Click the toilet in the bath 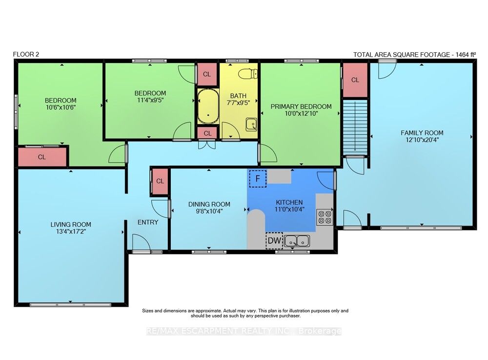(x=248, y=74)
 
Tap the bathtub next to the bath (x=208, y=106)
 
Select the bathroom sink (x=251, y=124)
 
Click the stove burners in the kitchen (x=325, y=217)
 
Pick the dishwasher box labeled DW (x=274, y=240)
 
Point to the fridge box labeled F (x=258, y=179)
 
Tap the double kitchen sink (x=297, y=241)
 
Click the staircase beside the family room (x=355, y=127)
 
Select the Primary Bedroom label (x=301, y=106)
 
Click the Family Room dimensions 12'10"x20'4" (x=422, y=140)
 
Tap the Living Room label (x=71, y=224)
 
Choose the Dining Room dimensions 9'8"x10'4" (x=209, y=211)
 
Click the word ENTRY (x=148, y=222)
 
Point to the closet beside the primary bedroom (x=355, y=80)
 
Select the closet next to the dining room (x=160, y=181)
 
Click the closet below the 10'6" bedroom (x=42, y=157)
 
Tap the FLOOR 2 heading (x=26, y=54)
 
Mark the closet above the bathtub (x=207, y=74)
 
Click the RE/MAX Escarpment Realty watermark (x=244, y=331)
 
